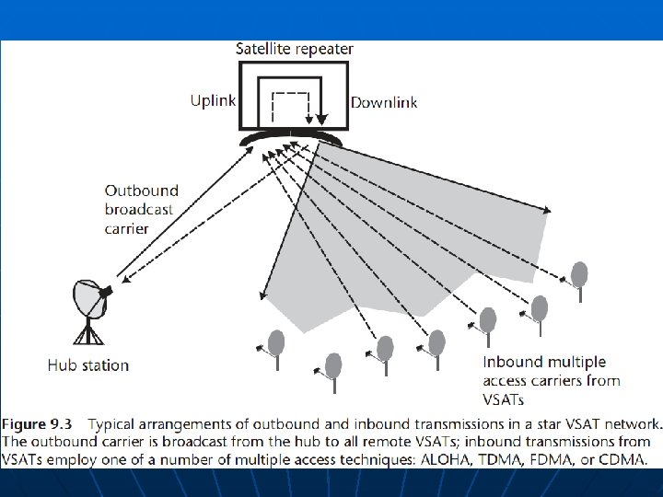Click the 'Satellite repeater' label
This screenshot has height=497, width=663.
pyautogui.click(x=294, y=49)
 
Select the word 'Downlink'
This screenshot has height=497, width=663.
pyautogui.click(x=384, y=101)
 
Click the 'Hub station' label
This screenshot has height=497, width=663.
pyautogui.click(x=88, y=365)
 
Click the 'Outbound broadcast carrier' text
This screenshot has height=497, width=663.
pyautogui.click(x=141, y=210)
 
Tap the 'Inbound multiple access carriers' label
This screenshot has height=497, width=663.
pyautogui.click(x=551, y=372)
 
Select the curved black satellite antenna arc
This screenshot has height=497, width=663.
pyautogui.click(x=290, y=138)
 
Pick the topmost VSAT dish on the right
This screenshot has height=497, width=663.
pyautogui.click(x=579, y=273)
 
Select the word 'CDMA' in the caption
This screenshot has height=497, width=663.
pyautogui.click(x=622, y=457)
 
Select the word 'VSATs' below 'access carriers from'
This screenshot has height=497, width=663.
pyautogui.click(x=505, y=399)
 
